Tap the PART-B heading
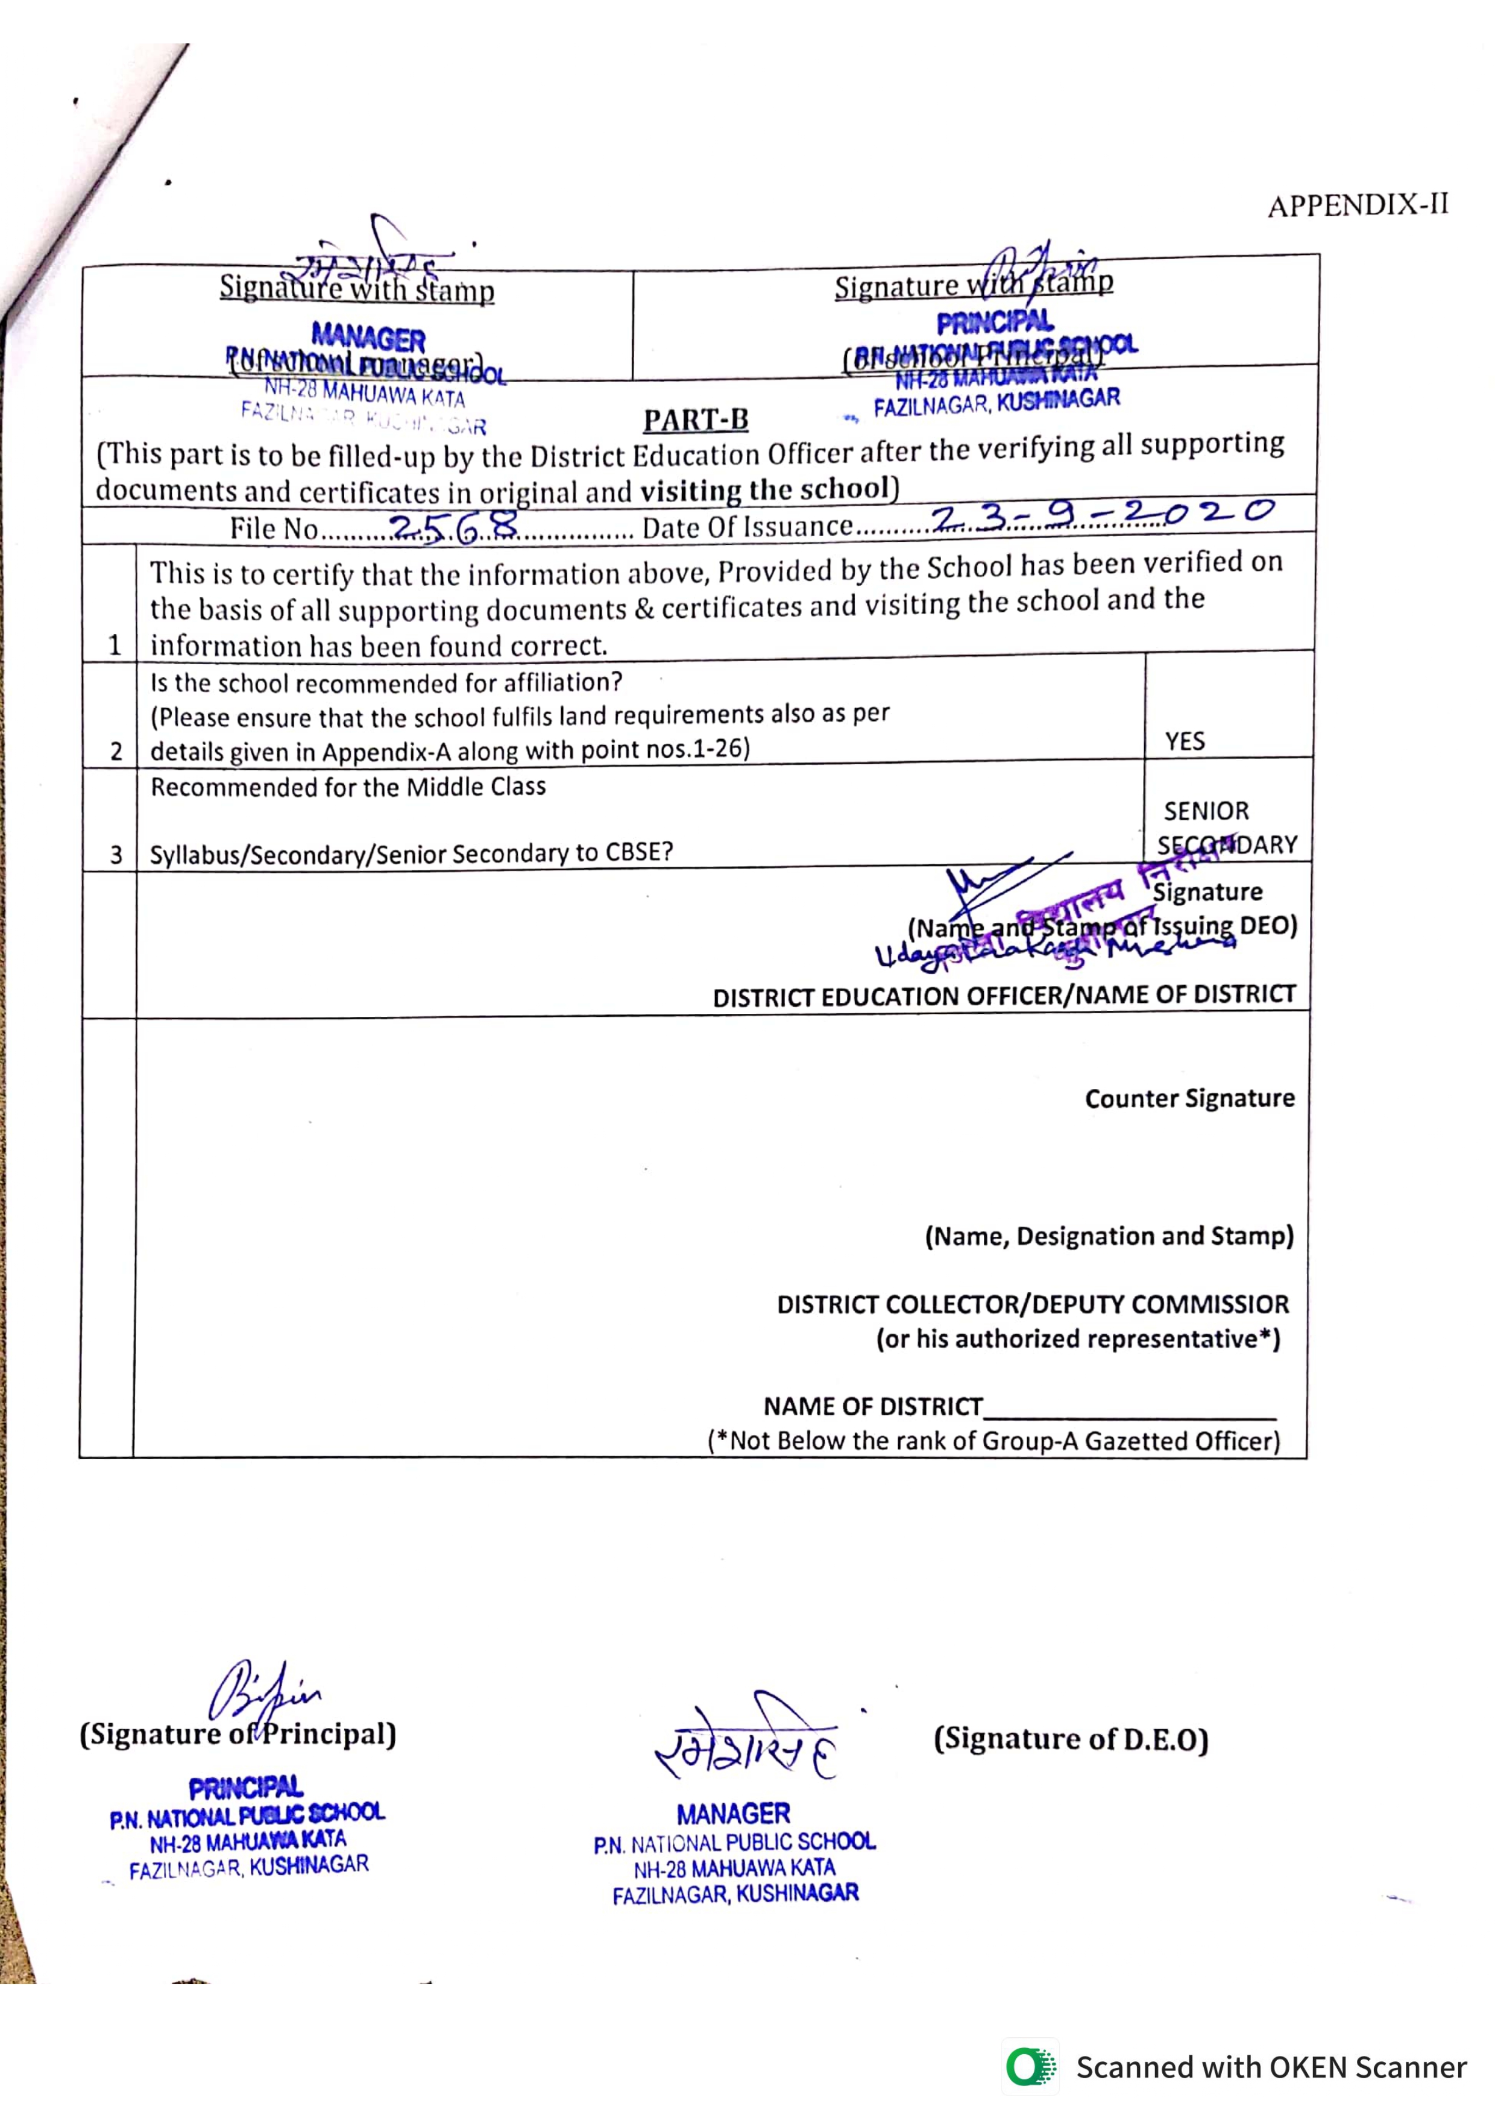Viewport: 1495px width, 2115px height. coord(696,420)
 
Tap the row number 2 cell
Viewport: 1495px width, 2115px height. coord(115,751)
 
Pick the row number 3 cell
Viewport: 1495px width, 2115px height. coord(115,854)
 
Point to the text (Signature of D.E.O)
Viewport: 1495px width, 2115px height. coord(1071,1738)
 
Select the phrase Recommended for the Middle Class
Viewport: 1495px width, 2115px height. coord(348,787)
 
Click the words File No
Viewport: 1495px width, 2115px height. coord(274,529)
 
